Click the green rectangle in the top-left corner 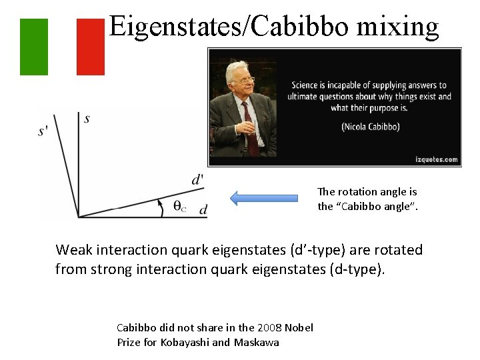pyautogui.click(x=34, y=47)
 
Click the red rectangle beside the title pyautogui.click(x=91, y=47)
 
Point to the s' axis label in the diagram pyautogui.click(x=43, y=131)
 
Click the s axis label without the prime pyautogui.click(x=87, y=119)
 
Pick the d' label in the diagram pyautogui.click(x=197, y=179)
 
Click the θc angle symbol pyautogui.click(x=179, y=207)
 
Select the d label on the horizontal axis pyautogui.click(x=203, y=209)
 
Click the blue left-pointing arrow pyautogui.click(x=264, y=198)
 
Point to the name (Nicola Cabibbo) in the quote pyautogui.click(x=370, y=125)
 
